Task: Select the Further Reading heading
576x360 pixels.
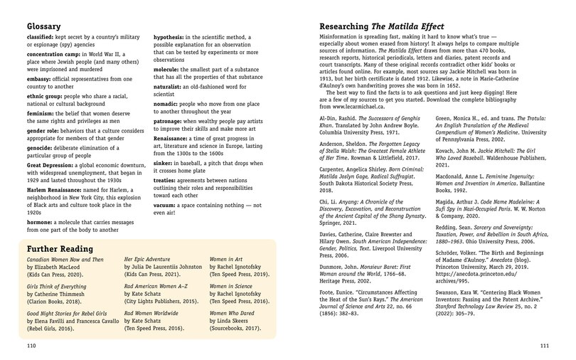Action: point(58,249)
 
